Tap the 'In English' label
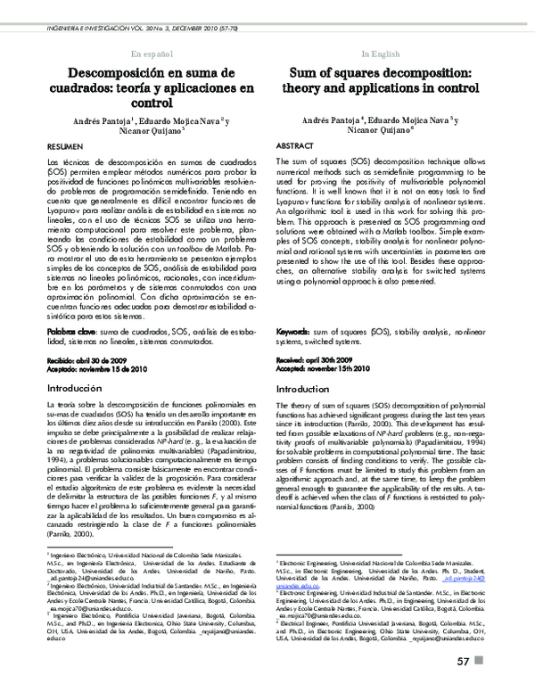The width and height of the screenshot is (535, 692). (x=381, y=54)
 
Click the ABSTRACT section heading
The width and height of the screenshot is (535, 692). (x=295, y=144)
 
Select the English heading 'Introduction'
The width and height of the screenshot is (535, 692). (x=309, y=390)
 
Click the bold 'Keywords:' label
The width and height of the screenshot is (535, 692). (x=298, y=331)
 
